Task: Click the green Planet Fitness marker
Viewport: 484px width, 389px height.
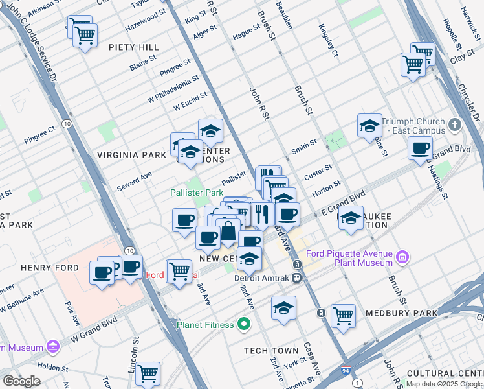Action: (244, 323)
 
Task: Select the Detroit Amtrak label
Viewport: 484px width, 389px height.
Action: (263, 277)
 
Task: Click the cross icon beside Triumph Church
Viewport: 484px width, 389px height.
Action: (455, 124)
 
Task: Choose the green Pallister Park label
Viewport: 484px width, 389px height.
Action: (197, 193)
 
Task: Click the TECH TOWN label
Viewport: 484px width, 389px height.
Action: (270, 350)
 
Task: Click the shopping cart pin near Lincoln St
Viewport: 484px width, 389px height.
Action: (148, 373)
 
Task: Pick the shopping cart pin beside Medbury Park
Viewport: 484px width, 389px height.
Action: (344, 316)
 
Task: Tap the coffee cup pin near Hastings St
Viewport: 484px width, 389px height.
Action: (420, 148)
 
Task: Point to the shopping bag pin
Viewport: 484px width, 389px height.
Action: (228, 230)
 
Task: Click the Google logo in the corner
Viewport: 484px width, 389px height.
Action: (21, 381)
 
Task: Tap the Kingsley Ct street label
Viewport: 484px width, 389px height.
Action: (328, 40)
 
